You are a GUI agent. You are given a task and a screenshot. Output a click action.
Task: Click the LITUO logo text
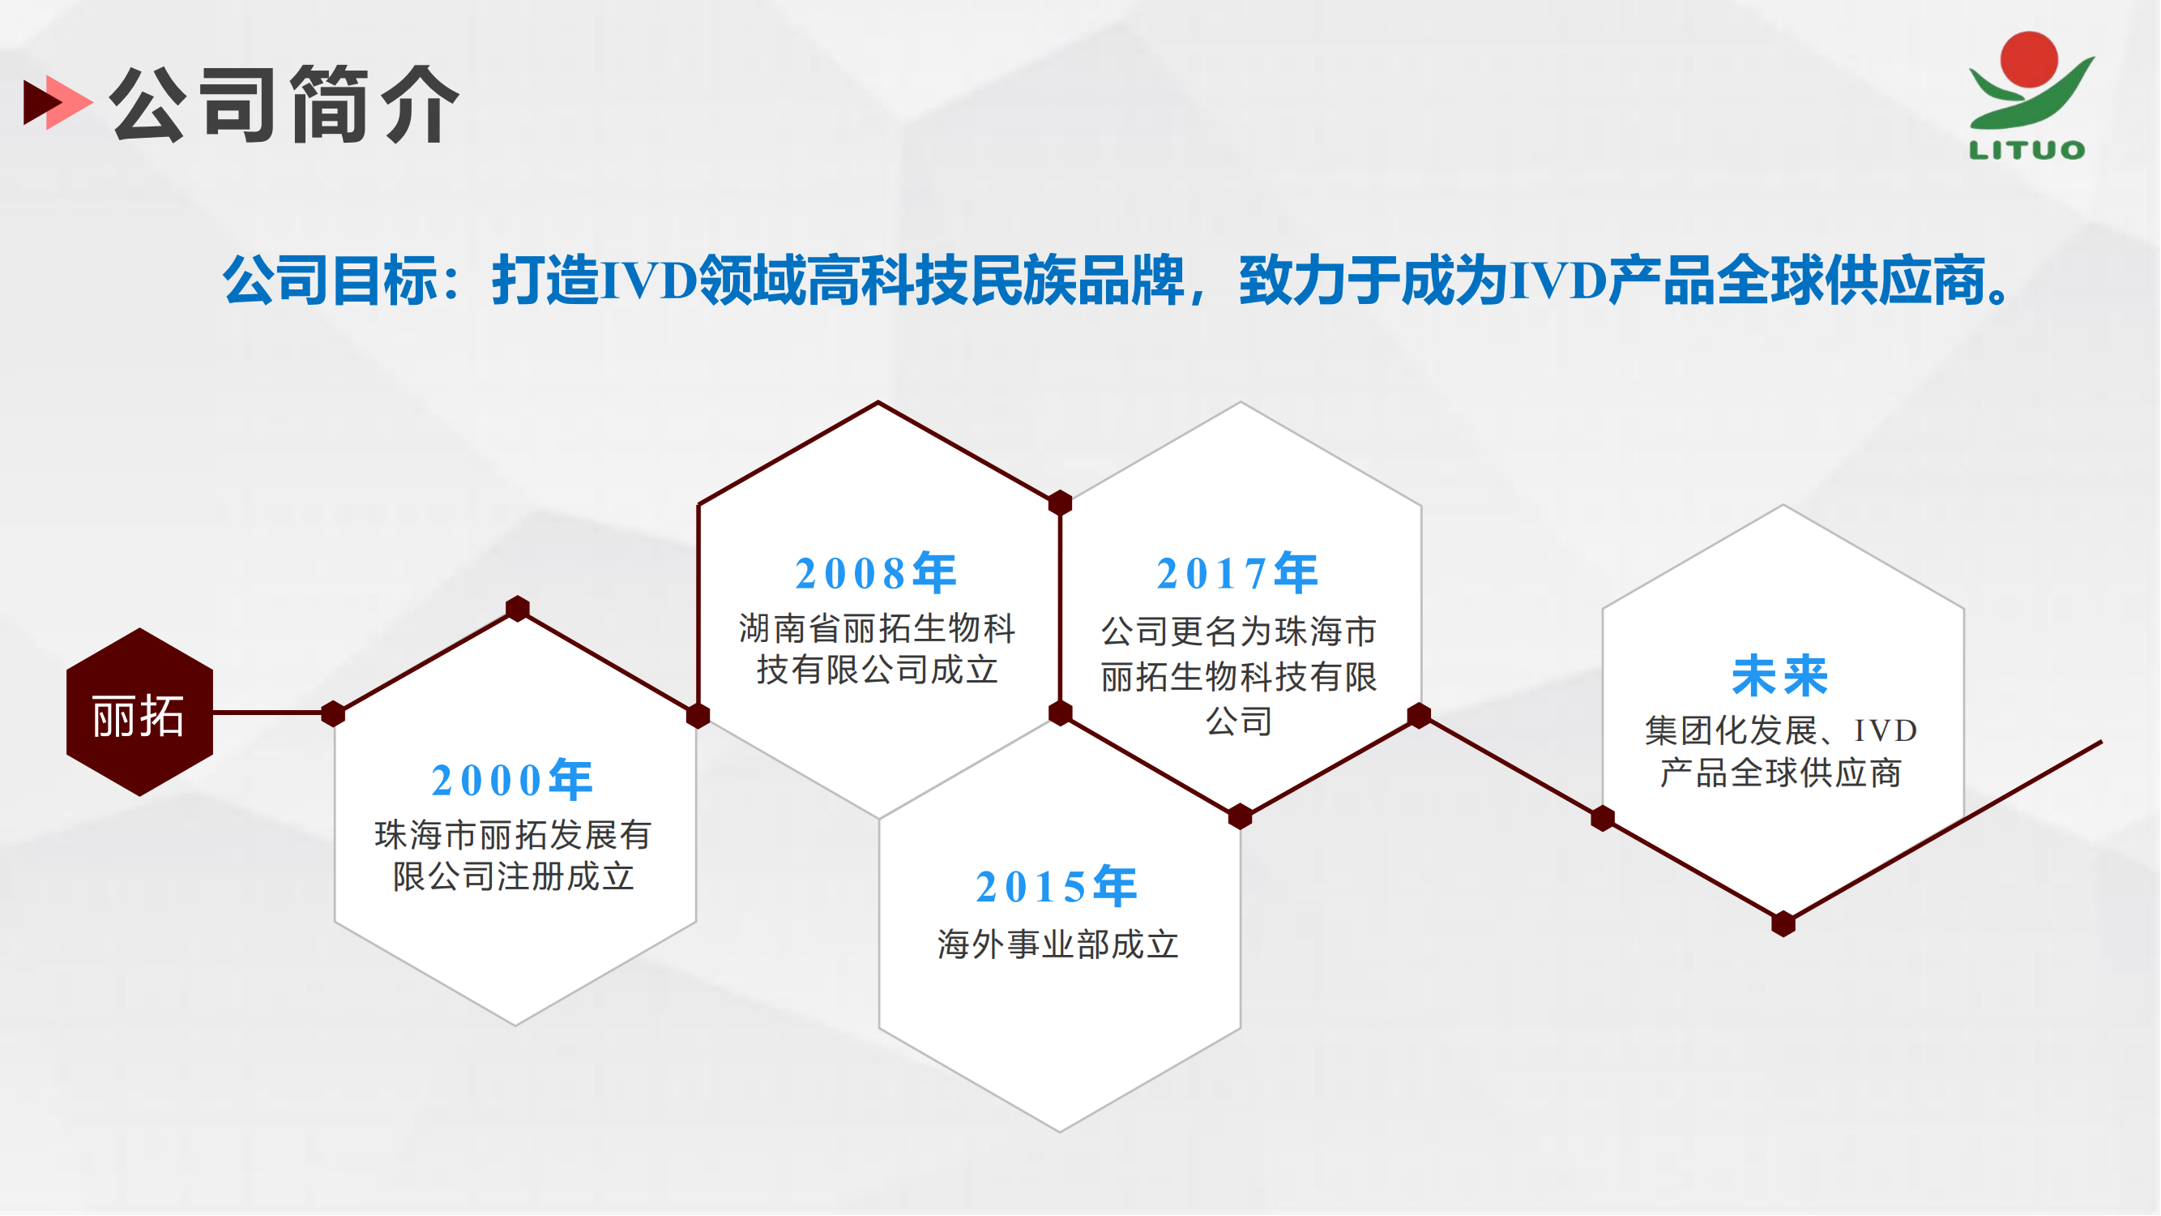pos(2026,150)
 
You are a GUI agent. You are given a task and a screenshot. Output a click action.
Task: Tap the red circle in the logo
pos(2028,58)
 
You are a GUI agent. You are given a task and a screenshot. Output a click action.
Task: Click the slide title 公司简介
pos(285,104)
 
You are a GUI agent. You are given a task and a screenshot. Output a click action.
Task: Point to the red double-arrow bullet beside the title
pos(57,102)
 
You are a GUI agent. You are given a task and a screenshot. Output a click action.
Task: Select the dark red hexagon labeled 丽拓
pos(139,713)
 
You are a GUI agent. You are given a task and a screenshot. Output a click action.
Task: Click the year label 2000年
pos(513,780)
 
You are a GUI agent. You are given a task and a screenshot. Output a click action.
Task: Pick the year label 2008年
pos(876,573)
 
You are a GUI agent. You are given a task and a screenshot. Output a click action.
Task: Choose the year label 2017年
pos(1237,573)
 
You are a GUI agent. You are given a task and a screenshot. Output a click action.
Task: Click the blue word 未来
pos(1780,676)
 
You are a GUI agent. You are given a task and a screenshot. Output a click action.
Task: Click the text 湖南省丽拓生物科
pos(878,628)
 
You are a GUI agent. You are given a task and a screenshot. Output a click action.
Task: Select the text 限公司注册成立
pos(514,877)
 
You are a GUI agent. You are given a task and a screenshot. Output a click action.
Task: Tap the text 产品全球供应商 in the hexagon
pos(1780,773)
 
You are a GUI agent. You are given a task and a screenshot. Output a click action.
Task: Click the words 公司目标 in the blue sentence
pos(331,280)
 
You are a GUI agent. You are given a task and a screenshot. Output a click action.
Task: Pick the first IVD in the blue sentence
pos(649,280)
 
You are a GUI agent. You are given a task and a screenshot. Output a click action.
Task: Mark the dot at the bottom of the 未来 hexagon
pos(1783,924)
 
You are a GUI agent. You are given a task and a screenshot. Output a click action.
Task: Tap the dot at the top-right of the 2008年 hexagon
pos(1061,503)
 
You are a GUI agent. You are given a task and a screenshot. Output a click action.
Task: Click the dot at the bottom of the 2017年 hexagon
pos(1240,816)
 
